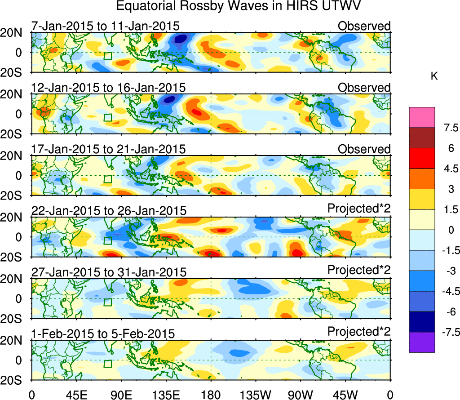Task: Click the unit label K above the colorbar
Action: (434, 76)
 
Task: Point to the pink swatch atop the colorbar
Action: (422, 117)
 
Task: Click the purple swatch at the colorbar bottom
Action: (422, 342)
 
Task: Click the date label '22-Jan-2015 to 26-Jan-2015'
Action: (108, 210)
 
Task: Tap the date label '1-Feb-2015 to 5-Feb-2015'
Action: (103, 333)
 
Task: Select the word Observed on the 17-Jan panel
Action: (364, 149)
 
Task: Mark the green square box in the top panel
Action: (107, 56)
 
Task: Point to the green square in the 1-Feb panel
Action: (107, 364)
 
